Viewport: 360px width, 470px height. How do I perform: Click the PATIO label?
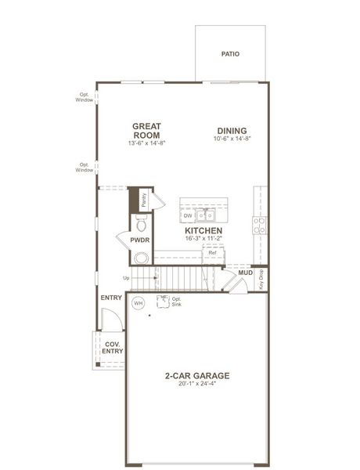[230, 54]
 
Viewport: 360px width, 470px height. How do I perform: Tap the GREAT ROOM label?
[146, 130]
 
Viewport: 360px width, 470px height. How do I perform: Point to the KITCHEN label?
[203, 231]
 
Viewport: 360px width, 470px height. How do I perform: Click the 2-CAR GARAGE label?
[196, 375]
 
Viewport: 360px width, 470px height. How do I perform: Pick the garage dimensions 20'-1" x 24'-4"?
[196, 385]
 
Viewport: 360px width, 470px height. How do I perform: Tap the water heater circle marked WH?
[139, 302]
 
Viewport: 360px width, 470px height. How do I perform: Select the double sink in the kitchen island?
[205, 214]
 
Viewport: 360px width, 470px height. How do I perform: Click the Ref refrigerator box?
[212, 254]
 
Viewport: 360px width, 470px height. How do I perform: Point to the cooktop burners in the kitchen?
[259, 226]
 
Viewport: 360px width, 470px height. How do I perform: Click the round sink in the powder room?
[142, 258]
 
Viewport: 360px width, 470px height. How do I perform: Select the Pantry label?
[144, 201]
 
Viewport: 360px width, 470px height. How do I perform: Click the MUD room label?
[246, 273]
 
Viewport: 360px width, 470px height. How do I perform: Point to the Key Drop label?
[261, 279]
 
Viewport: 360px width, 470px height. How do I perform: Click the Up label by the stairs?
[126, 278]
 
